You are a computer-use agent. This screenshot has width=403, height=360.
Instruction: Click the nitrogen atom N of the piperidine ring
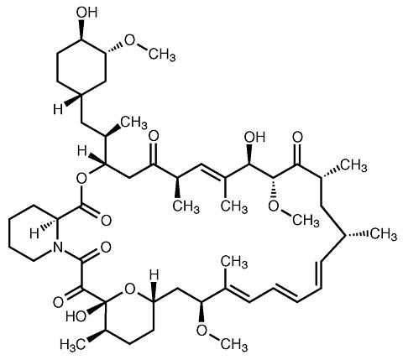(58, 247)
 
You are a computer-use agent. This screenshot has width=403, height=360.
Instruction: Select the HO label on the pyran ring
(76, 316)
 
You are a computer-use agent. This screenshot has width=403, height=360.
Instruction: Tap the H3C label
(72, 343)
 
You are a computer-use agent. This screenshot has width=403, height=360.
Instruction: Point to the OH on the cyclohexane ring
(87, 13)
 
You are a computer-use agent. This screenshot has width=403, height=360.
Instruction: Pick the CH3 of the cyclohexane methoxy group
(162, 54)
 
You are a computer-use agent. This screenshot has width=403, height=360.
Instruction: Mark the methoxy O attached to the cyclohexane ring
(129, 41)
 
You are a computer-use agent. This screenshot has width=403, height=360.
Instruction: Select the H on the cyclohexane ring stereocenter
(58, 109)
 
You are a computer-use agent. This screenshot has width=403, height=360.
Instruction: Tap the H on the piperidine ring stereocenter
(35, 233)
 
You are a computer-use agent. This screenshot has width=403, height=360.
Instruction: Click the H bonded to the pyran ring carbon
(154, 275)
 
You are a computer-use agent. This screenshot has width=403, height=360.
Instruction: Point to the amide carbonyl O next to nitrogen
(106, 248)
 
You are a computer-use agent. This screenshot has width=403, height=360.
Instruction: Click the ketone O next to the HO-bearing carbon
(58, 302)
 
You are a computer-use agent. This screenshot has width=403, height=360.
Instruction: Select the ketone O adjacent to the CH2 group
(154, 136)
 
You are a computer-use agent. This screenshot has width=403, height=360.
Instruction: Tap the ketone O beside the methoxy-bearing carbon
(298, 137)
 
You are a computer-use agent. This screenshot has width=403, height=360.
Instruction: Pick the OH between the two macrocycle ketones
(254, 137)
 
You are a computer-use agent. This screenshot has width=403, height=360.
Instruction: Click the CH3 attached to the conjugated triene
(234, 263)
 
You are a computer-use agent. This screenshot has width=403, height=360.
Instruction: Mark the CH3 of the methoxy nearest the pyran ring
(234, 344)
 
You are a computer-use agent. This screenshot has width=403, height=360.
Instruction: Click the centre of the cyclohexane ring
(81, 67)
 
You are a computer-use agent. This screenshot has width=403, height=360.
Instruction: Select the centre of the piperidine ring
(34, 233)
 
